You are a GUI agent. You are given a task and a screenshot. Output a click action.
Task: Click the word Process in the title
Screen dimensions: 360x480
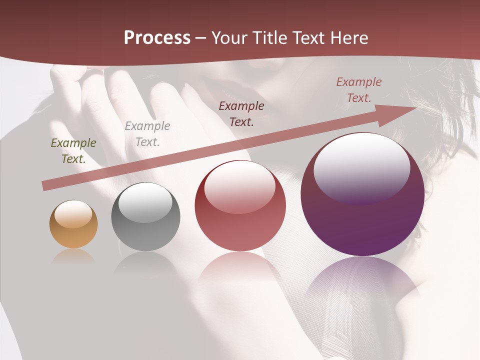pyautogui.click(x=157, y=38)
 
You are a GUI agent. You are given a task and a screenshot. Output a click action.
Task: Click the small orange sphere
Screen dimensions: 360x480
pyautogui.click(x=73, y=224)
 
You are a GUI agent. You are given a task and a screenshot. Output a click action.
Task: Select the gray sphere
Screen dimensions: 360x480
pyautogui.click(x=145, y=217)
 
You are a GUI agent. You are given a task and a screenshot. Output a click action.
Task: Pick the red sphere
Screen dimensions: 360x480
pyautogui.click(x=240, y=206)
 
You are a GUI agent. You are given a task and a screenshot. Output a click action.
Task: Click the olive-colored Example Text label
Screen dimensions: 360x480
pyautogui.click(x=73, y=151)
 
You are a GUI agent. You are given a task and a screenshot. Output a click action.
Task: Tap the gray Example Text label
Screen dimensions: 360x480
pyautogui.click(x=147, y=134)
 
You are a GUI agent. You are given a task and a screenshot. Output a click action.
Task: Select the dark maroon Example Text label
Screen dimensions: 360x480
pyautogui.click(x=241, y=113)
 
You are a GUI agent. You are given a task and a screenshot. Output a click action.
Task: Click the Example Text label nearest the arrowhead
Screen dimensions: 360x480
pyautogui.click(x=359, y=90)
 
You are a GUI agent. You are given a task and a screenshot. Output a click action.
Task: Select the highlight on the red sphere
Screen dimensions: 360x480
pyautogui.click(x=240, y=186)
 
